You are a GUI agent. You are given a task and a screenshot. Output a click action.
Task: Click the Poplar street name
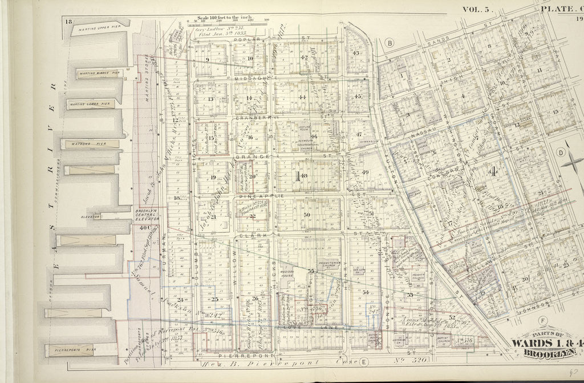tap(252, 40)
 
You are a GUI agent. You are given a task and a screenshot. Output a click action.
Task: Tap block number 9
tap(208, 59)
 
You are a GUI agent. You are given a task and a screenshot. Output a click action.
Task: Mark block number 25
tap(215, 299)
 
